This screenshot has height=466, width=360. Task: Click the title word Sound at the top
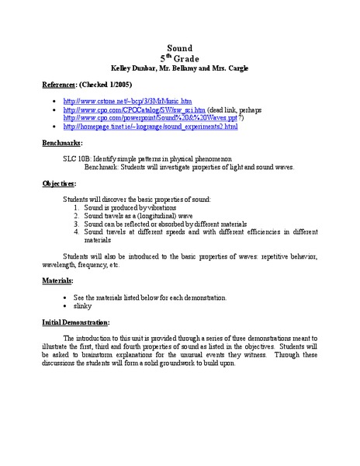(180, 48)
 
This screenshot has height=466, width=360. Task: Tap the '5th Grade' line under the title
(180, 58)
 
